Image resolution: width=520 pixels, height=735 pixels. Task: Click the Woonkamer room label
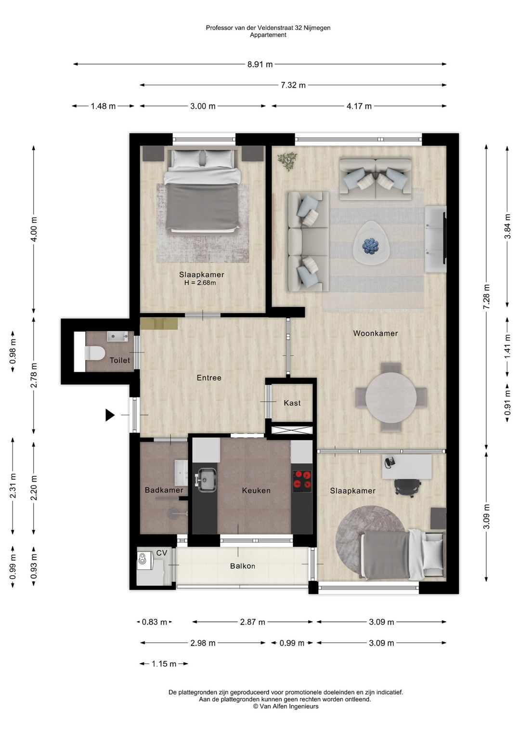(x=376, y=333)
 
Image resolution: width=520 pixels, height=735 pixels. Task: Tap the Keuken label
(x=256, y=490)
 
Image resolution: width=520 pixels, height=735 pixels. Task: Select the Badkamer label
(x=164, y=490)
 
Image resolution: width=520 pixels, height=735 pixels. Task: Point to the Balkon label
(x=243, y=566)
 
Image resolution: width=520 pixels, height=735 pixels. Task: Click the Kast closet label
(x=292, y=403)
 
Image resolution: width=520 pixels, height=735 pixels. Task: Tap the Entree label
(x=209, y=378)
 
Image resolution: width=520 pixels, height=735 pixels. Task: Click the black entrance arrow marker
(x=110, y=415)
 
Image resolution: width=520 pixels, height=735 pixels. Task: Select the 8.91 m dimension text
(x=260, y=65)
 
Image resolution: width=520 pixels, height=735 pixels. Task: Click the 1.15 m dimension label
(x=164, y=664)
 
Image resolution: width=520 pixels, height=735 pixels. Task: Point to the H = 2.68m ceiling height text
(x=200, y=283)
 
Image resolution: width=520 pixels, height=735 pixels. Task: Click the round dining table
(x=391, y=397)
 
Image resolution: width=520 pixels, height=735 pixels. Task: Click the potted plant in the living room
(x=287, y=161)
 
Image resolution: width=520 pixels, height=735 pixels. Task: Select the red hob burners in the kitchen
(x=302, y=479)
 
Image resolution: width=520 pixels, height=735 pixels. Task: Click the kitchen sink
(x=206, y=480)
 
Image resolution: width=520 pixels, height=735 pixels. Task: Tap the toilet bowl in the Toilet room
(x=94, y=353)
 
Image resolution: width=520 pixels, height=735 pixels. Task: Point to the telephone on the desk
(x=390, y=462)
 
